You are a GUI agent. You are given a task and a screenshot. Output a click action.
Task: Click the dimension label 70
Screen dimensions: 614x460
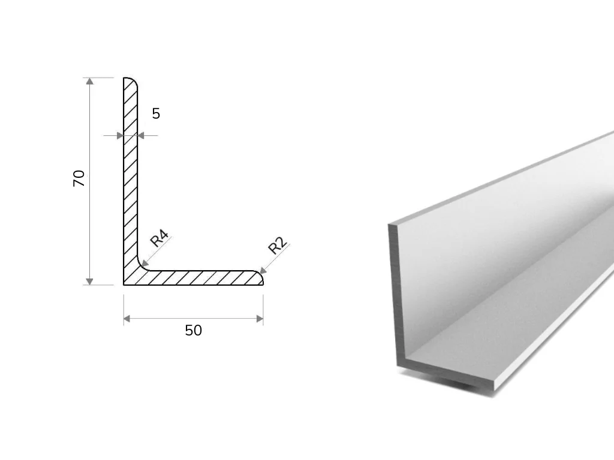(79, 178)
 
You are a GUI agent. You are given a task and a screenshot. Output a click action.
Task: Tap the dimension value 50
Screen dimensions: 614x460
(194, 331)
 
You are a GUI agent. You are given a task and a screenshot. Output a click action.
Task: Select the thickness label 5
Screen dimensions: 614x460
(156, 114)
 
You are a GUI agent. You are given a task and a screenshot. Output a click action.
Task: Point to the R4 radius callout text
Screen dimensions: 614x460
(159, 238)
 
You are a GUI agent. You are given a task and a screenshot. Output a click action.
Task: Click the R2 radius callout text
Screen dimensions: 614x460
(278, 246)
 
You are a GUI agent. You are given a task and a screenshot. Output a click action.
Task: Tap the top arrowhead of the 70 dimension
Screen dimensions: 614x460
(90, 81)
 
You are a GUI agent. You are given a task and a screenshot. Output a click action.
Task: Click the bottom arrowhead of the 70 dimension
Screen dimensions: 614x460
(90, 282)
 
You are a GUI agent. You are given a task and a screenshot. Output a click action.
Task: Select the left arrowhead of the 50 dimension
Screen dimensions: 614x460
(127, 319)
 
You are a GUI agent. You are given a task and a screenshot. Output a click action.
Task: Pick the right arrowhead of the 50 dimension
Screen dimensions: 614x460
(260, 319)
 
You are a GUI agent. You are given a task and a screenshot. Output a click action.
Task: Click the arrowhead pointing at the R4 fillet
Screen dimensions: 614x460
(144, 264)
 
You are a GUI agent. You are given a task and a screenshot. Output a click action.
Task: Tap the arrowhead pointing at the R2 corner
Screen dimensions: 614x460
(263, 270)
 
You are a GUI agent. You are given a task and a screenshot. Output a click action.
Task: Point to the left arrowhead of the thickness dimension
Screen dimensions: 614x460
(120, 136)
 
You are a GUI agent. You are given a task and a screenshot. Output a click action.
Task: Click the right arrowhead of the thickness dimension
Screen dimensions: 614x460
(141, 136)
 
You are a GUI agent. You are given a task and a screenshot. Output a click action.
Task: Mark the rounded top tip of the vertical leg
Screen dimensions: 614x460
(131, 80)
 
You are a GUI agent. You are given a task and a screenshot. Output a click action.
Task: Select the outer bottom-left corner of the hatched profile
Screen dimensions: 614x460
(124, 285)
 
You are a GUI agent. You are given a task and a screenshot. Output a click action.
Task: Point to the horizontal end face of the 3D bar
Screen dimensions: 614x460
(446, 376)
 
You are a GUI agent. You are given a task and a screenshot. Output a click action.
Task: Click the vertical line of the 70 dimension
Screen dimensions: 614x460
(90, 181)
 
